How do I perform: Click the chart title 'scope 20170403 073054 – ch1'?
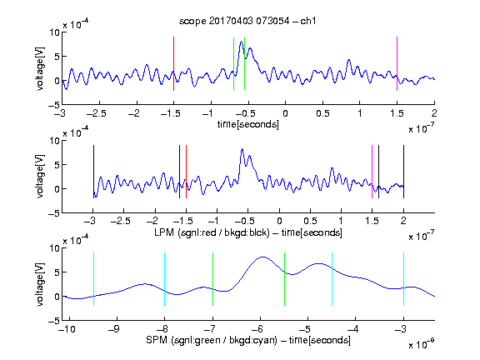pos(247,21)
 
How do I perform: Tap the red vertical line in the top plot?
pos(173,63)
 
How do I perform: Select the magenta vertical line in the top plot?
pos(397,63)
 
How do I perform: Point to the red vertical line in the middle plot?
pos(186,172)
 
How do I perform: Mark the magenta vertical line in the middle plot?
pos(372,172)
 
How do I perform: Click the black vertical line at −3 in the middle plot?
pos(93,172)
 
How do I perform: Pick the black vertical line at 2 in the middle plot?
pos(403,172)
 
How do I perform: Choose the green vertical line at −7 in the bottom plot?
pos(212,279)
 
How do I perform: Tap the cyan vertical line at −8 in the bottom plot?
pos(164,279)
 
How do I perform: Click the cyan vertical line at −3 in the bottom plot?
pos(403,279)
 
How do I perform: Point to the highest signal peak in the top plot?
pos(241,42)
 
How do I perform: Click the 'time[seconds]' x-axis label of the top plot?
pos(248,125)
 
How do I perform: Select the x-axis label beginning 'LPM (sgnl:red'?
pos(248,232)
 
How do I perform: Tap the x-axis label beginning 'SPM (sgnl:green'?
pos(248,340)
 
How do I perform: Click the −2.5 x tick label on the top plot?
pos(97,113)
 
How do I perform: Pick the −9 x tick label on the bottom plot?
pos(114,329)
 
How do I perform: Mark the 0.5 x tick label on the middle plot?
pos(310,221)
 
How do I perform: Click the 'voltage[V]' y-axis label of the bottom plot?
pos(40,284)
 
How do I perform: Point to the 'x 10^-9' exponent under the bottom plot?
pos(421,344)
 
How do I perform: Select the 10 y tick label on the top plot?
pos(55,32)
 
